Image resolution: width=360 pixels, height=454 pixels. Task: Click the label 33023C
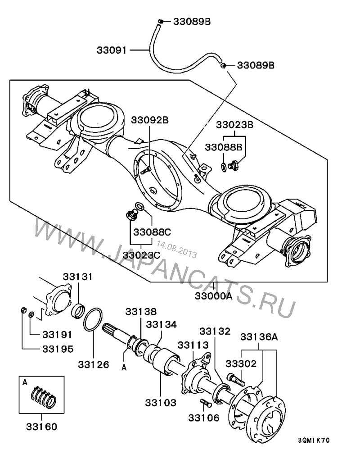tap(143, 255)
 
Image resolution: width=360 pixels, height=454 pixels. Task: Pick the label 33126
tap(93, 364)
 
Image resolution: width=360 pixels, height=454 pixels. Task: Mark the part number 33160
tap(41, 426)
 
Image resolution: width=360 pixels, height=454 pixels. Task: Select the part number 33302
tap(241, 363)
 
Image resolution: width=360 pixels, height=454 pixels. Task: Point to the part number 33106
tap(203, 418)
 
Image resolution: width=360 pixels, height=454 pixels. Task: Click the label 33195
tap(58, 349)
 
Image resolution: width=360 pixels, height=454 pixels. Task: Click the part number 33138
tap(141, 311)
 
